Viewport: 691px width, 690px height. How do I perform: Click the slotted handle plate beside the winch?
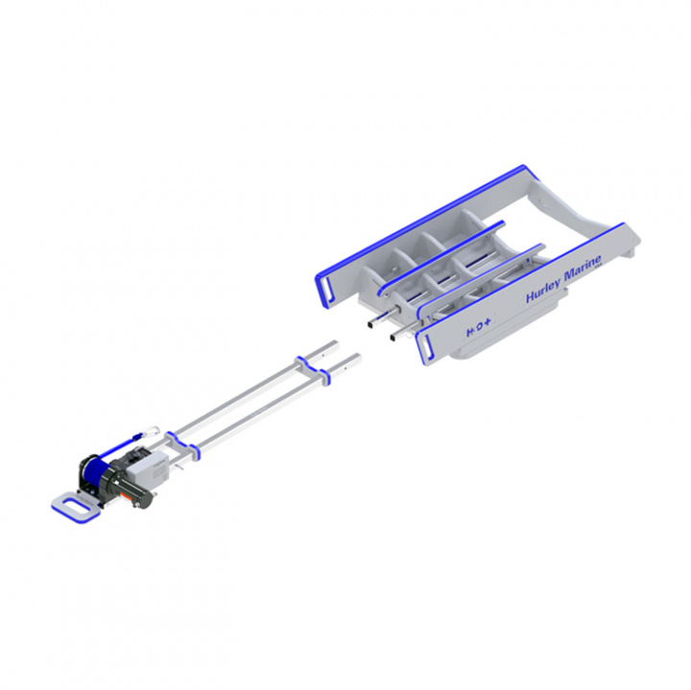click(71, 503)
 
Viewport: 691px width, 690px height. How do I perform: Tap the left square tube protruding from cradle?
click(370, 328)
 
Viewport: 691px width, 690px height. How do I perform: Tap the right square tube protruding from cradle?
click(393, 337)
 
